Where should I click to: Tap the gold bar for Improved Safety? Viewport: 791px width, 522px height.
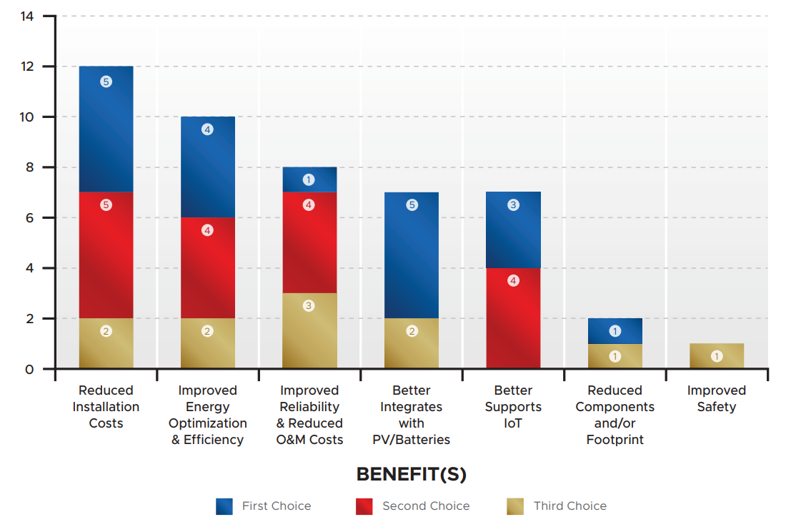coord(717,356)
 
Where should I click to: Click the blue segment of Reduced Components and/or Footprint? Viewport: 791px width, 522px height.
coord(615,331)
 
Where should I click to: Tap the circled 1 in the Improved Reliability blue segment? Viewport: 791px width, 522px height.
coord(309,179)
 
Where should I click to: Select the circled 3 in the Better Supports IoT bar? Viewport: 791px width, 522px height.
coord(513,205)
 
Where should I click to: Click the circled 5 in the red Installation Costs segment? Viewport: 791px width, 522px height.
coord(106,205)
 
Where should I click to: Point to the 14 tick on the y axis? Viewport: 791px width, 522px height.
coord(29,16)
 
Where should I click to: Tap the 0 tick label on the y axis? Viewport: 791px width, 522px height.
coord(29,369)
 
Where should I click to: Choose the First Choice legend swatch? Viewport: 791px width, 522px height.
coord(224,506)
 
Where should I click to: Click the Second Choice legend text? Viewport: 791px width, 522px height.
coord(426,506)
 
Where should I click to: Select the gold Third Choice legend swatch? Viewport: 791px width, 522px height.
coord(514,506)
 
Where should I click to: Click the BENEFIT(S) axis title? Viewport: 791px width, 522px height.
coord(411,474)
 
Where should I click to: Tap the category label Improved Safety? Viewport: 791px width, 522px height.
coord(717,398)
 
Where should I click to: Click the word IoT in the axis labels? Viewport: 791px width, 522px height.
coord(513,423)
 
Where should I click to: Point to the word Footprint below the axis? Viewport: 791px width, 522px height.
coord(615,440)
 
